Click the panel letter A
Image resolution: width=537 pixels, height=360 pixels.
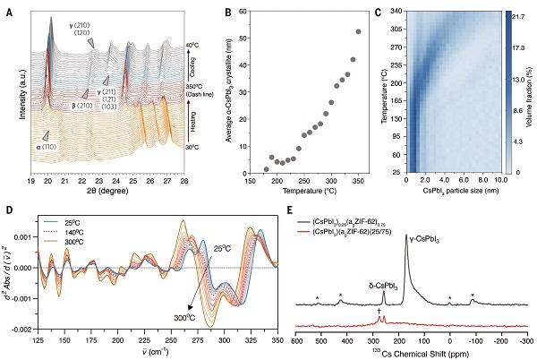coord(7,8)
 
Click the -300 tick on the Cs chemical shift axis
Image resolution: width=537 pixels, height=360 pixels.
coord(524,340)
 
